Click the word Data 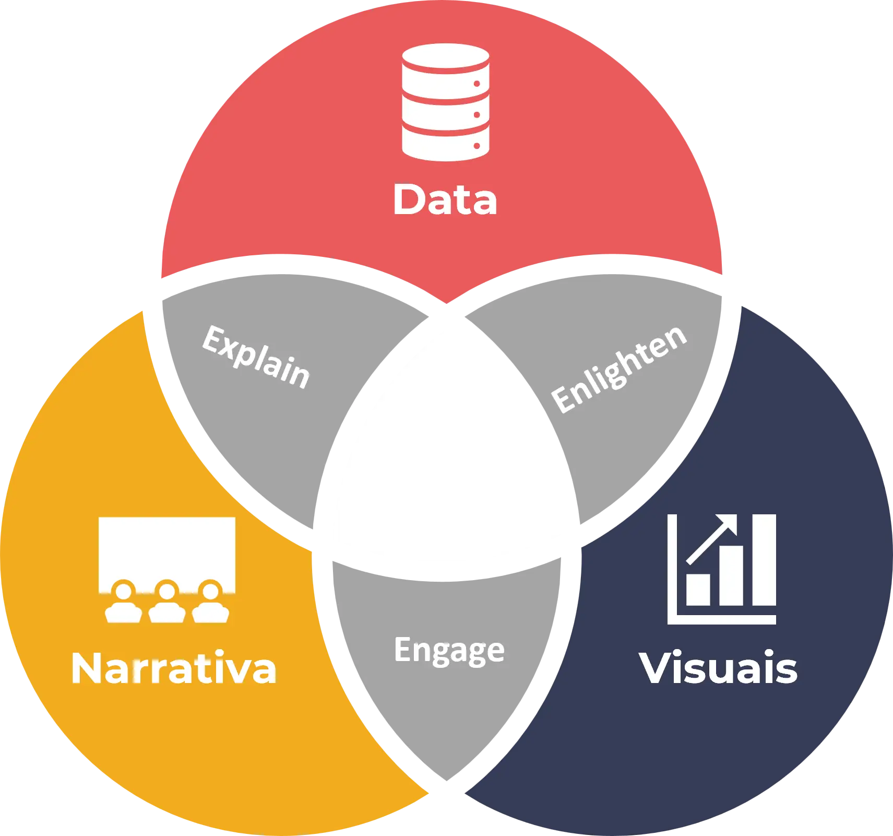point(445,199)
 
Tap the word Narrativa point(173,668)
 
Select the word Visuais point(718,668)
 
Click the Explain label point(256,357)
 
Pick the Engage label point(449,650)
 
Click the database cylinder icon point(445,102)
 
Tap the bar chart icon point(722,569)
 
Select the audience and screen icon point(167,569)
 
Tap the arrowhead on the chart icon point(728,525)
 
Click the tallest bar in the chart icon point(764,560)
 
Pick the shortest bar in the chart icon point(698,590)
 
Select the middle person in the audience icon point(167,603)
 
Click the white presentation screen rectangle point(167,548)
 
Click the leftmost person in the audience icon point(124,603)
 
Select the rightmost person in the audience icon point(210,603)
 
